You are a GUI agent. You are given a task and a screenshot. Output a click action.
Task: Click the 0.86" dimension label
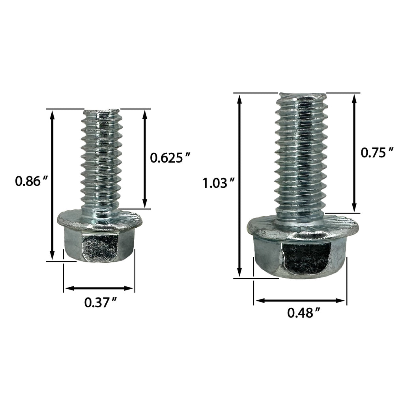pyautogui.click(x=32, y=181)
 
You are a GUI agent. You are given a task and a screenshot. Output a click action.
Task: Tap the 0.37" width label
pyautogui.click(x=101, y=303)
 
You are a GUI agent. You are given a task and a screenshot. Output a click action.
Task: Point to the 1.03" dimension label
pyautogui.click(x=219, y=183)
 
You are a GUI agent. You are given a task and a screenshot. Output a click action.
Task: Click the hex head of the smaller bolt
pyautogui.click(x=99, y=247)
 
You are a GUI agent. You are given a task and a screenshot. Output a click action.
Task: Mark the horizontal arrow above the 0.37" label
pyautogui.click(x=99, y=288)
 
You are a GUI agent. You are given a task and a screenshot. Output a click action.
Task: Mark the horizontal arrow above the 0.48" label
pyautogui.click(x=300, y=301)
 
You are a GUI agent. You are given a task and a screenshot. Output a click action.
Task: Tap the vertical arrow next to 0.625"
pyautogui.click(x=145, y=159)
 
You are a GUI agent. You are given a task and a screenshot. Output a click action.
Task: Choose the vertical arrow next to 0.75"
pyautogui.click(x=354, y=153)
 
